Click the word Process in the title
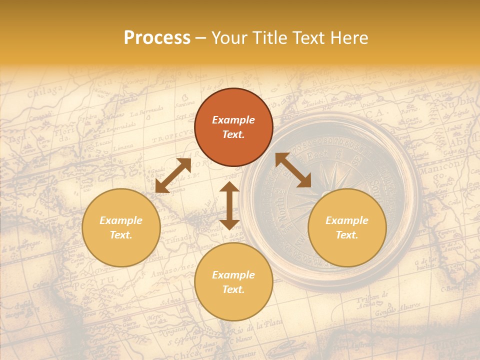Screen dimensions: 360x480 pos(157,38)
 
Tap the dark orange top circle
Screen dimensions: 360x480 pos(233,127)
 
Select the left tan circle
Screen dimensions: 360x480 pos(121,227)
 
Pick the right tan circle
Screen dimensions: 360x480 pos(347,227)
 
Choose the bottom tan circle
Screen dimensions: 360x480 pos(233,282)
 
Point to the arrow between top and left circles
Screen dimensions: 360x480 pos(173,175)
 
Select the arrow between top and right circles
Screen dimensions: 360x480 pos(293,170)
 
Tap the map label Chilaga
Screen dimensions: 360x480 pos(45,93)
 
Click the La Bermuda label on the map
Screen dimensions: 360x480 pos(147,111)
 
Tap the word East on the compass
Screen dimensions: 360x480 pos(318,156)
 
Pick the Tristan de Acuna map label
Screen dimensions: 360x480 pos(372,298)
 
